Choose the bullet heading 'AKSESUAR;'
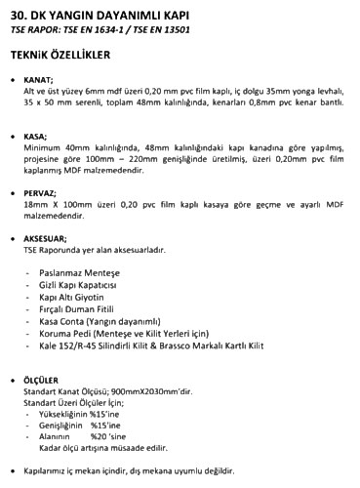click(47, 238)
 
